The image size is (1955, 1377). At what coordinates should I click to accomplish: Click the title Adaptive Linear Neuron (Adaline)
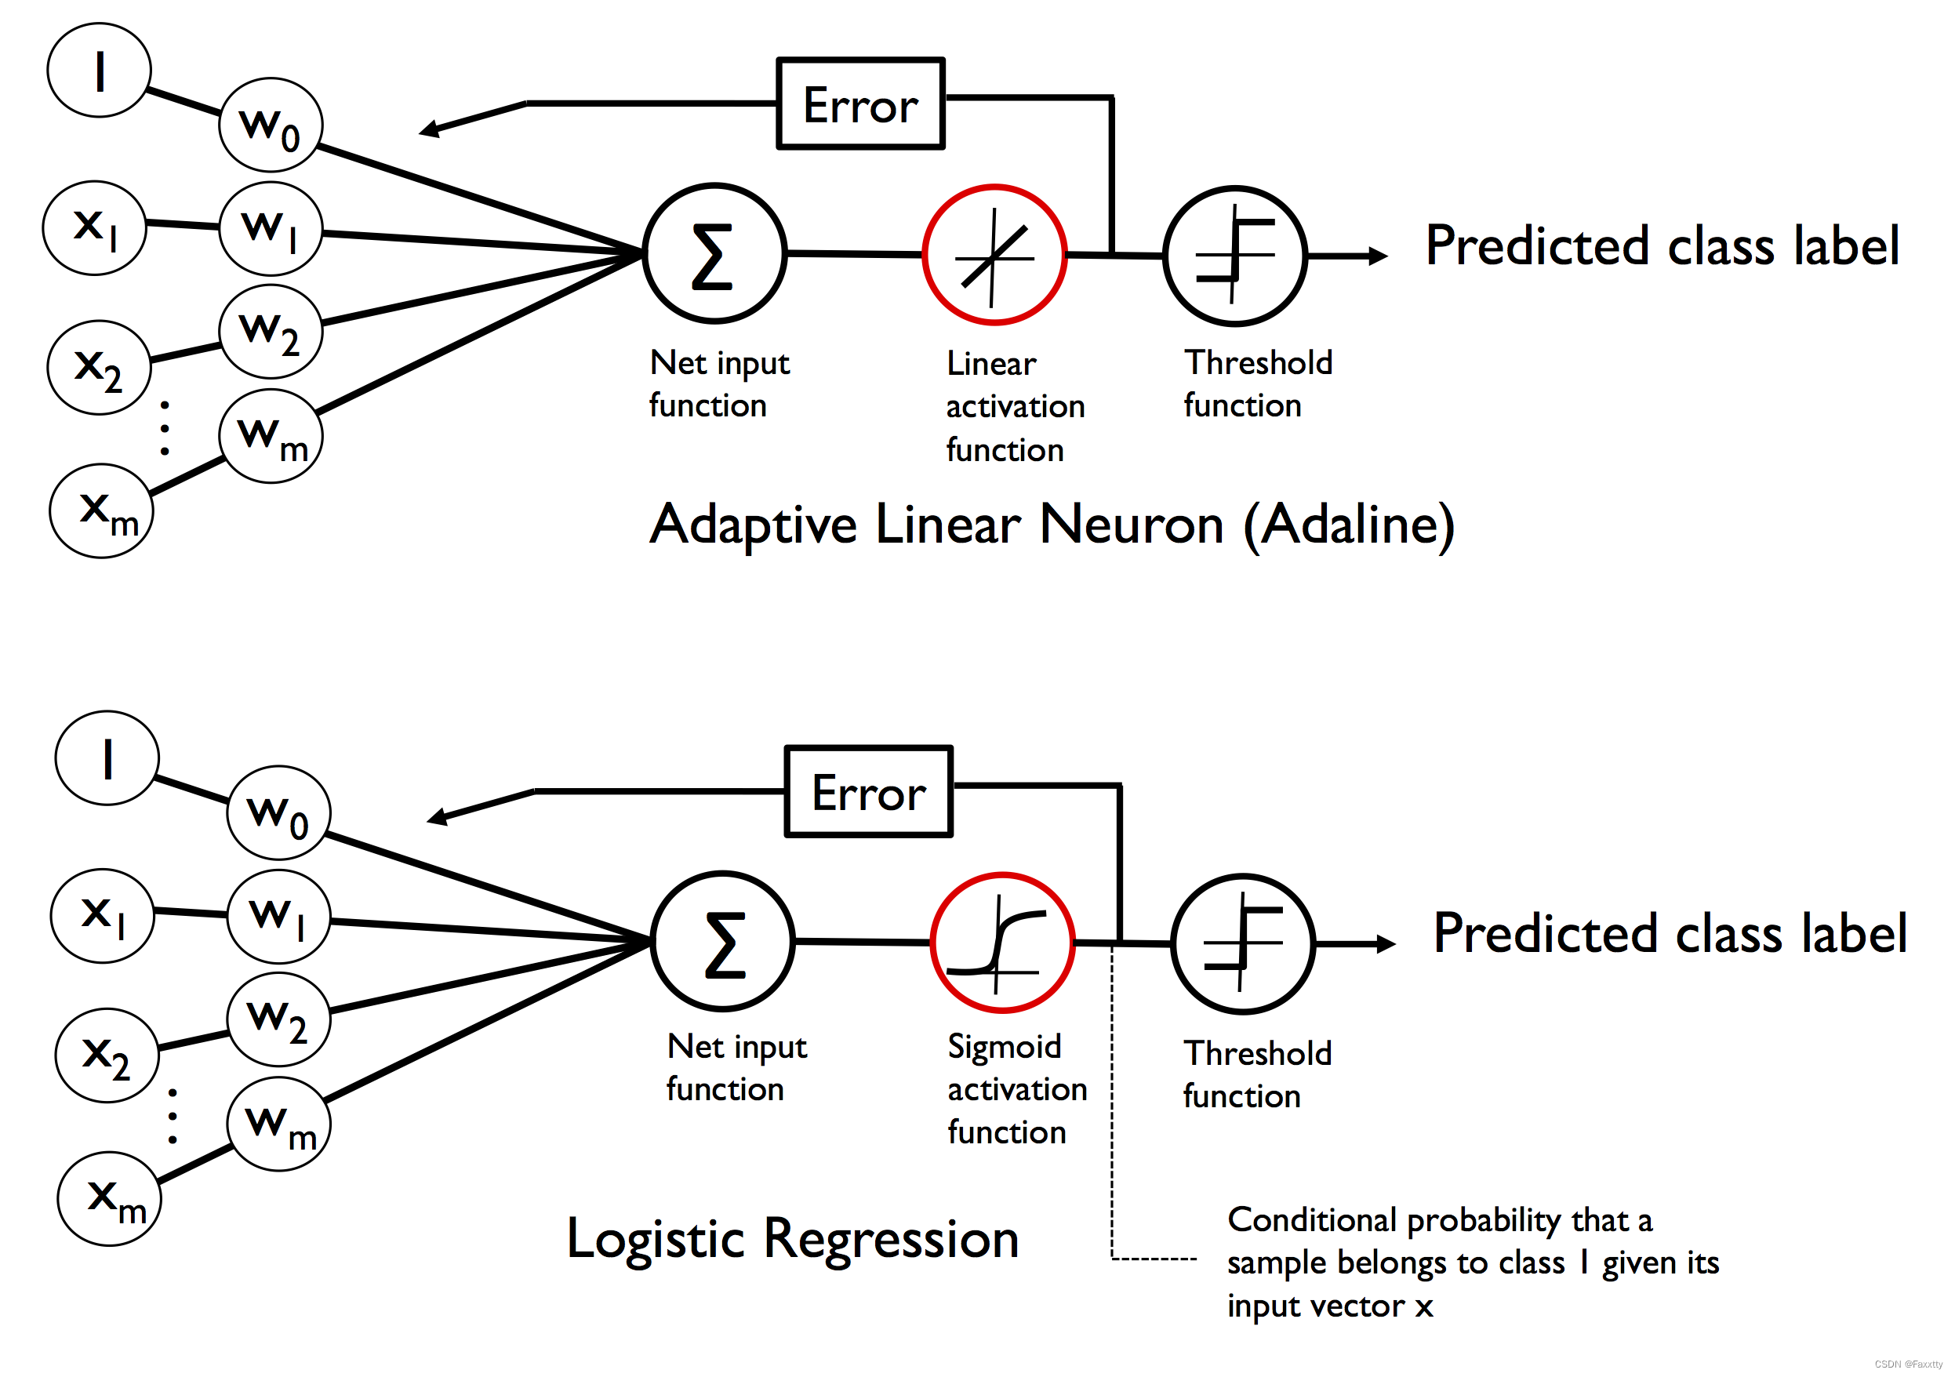1052,525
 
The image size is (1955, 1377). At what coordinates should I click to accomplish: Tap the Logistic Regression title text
793,1239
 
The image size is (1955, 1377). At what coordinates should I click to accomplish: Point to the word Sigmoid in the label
1004,1048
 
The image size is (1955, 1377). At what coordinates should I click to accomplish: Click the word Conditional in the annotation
1312,1219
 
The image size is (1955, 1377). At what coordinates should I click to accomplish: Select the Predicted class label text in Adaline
1662,246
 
